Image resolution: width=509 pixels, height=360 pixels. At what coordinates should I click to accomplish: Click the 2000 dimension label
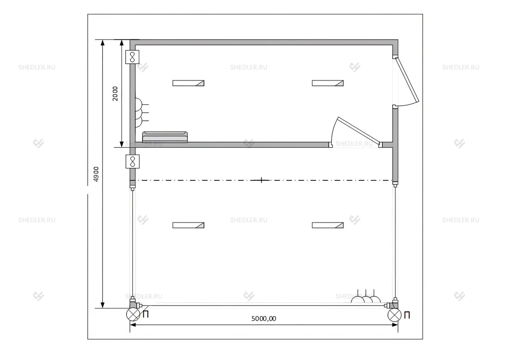pos(115,93)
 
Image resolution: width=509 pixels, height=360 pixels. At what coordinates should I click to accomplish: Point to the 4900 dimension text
pos(96,174)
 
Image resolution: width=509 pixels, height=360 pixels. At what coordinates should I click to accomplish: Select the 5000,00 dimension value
pos(264,319)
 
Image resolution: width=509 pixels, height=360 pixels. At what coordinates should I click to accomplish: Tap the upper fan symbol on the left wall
pos(132,57)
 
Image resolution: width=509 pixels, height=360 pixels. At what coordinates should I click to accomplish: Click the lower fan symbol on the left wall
pos(132,161)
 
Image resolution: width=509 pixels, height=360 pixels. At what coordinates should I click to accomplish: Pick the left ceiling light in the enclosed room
pos(188,83)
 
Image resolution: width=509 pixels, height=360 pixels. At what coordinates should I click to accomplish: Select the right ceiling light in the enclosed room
pos(328,83)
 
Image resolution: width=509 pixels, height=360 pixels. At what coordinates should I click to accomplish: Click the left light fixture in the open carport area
pos(188,225)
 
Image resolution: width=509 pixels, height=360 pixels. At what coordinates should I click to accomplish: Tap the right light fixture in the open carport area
pos(328,225)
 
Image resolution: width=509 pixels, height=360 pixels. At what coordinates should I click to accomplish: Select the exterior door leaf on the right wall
pos(407,80)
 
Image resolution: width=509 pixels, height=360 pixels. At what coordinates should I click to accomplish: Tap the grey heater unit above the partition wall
pos(165,137)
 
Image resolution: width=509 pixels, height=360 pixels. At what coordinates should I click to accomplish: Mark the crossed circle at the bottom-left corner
pos(133,315)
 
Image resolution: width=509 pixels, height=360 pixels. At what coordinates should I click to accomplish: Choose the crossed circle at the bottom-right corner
pos(394,315)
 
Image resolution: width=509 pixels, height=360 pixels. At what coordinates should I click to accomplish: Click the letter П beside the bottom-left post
pos(146,314)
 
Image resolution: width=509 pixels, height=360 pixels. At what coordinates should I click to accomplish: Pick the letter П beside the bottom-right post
pos(407,315)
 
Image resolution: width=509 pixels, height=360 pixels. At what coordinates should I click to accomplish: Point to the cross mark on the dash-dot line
pos(261,180)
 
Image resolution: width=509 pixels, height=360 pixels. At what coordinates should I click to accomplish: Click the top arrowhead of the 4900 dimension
pos(103,43)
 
